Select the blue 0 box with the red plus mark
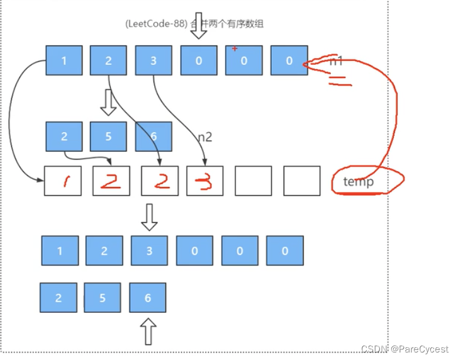click(x=244, y=61)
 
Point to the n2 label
click(x=205, y=137)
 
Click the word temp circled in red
click(x=359, y=182)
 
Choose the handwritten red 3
click(x=204, y=181)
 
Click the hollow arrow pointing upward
click(x=148, y=331)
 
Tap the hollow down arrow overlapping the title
click(x=199, y=25)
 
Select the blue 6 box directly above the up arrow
click(x=148, y=297)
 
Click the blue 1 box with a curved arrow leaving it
click(x=64, y=61)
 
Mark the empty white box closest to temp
click(x=302, y=181)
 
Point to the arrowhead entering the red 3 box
click(x=203, y=163)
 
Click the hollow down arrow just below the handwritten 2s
click(x=148, y=216)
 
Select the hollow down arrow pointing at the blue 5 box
click(x=109, y=102)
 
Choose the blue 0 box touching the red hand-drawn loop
click(x=289, y=61)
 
